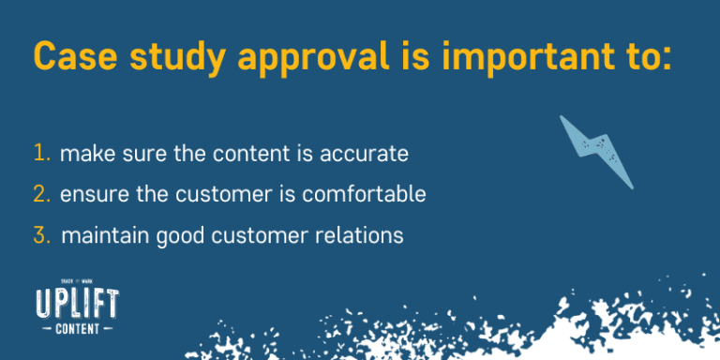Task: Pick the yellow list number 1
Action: pyautogui.click(x=41, y=153)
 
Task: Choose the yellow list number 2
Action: pyautogui.click(x=41, y=194)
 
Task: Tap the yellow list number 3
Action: pyautogui.click(x=41, y=235)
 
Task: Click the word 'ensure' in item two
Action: pyautogui.click(x=91, y=195)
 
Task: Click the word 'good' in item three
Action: pyautogui.click(x=175, y=236)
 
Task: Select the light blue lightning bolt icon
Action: pyautogui.click(x=595, y=150)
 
